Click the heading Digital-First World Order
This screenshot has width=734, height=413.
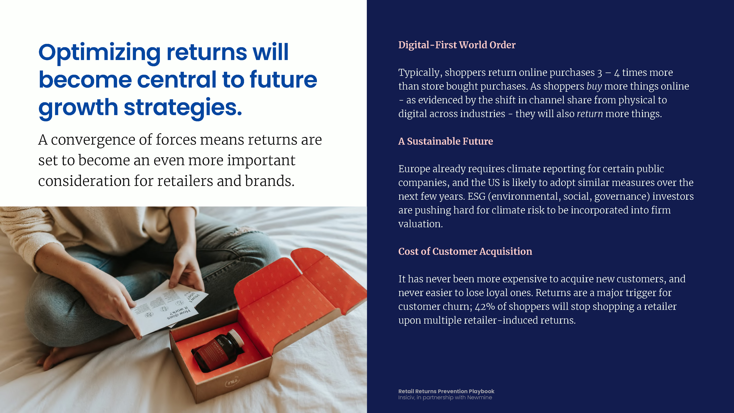click(457, 45)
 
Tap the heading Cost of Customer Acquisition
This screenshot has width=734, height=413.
click(465, 251)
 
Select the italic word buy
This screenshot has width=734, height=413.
click(594, 86)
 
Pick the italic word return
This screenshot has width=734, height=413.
click(590, 114)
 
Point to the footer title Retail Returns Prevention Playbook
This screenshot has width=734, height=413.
click(446, 391)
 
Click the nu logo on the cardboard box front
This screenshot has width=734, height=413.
click(232, 381)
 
